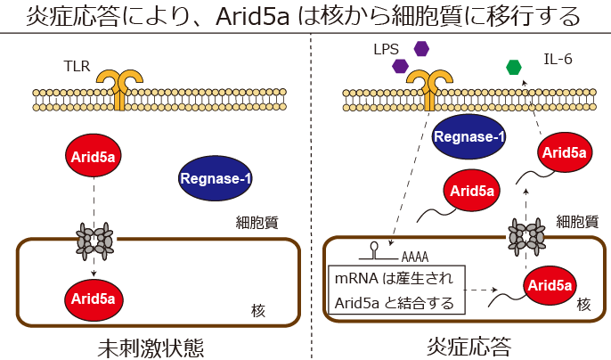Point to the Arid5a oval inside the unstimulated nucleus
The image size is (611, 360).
click(x=94, y=297)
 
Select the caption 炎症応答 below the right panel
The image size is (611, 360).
click(x=460, y=346)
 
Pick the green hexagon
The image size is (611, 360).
click(x=514, y=67)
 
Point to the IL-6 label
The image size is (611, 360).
click(x=558, y=60)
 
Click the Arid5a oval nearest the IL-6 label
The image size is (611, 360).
click(x=565, y=152)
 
